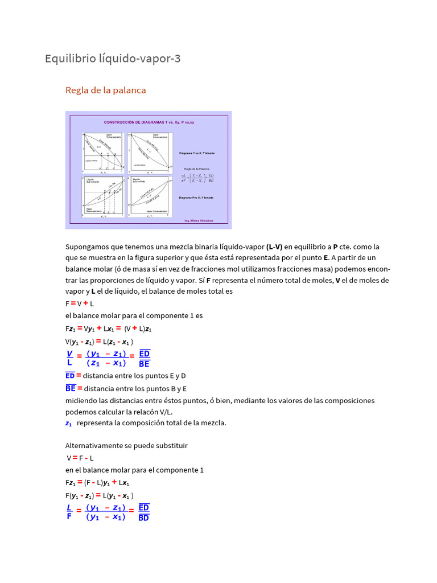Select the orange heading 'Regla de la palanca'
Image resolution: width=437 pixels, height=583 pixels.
[106, 90]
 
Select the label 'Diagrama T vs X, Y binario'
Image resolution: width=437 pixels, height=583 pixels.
[196, 153]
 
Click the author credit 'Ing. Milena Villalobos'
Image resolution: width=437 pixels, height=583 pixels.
[199, 220]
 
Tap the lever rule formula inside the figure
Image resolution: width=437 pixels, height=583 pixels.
[196, 178]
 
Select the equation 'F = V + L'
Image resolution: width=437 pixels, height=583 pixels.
[80, 303]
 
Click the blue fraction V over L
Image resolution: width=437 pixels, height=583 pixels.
[69, 358]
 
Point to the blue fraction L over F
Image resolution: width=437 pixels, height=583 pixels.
[69, 512]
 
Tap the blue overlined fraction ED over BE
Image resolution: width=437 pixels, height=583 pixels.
[144, 358]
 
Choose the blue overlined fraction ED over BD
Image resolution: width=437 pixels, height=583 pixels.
[144, 512]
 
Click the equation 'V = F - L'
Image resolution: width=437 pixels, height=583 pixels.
[80, 457]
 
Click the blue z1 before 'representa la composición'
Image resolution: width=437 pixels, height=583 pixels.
[69, 423]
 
